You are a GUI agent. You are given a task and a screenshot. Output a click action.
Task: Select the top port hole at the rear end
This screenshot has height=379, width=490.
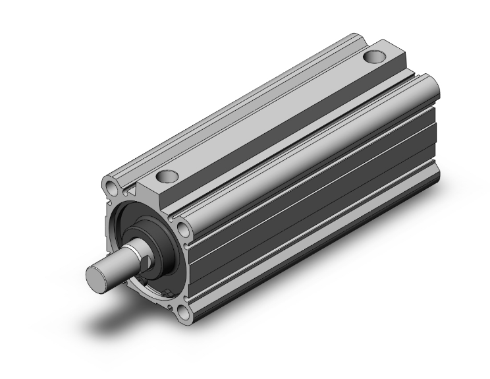tap(375, 57)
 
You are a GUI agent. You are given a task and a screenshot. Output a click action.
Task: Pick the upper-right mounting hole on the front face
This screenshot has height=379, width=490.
tap(182, 229)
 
